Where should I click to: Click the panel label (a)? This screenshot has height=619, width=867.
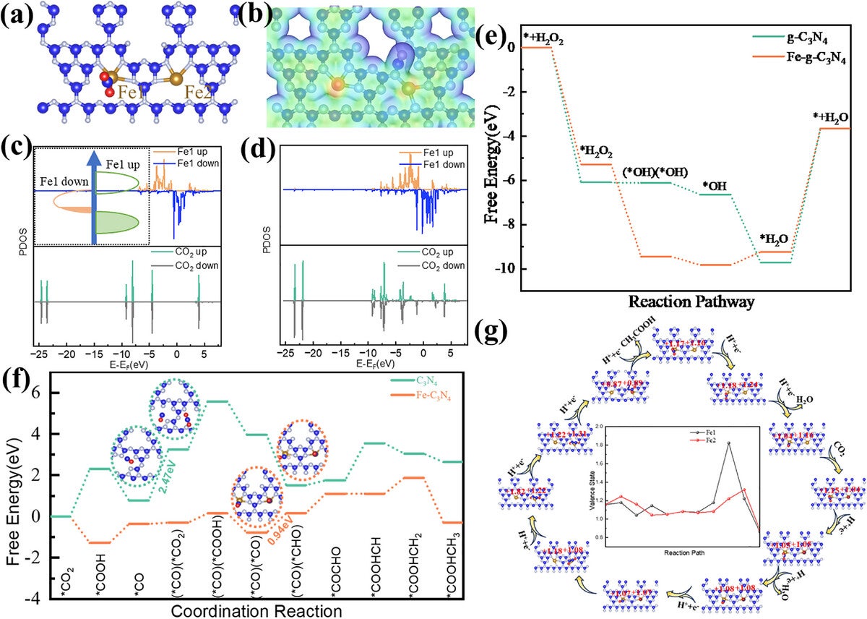point(17,15)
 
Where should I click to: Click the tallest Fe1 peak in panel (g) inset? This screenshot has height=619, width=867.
point(729,443)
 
